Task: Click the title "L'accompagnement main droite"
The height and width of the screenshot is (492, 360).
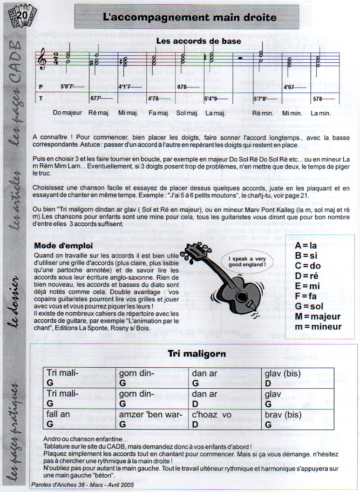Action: pyautogui.click(x=190, y=18)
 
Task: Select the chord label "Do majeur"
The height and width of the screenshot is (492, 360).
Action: pyautogui.click(x=68, y=113)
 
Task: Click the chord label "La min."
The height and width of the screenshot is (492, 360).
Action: pyautogui.click(x=321, y=113)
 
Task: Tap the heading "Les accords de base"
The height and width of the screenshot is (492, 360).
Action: pyautogui.click(x=198, y=41)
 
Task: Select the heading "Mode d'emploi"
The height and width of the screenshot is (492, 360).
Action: pyautogui.click(x=64, y=245)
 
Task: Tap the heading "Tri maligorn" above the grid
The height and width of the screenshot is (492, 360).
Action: pyautogui.click(x=197, y=354)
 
